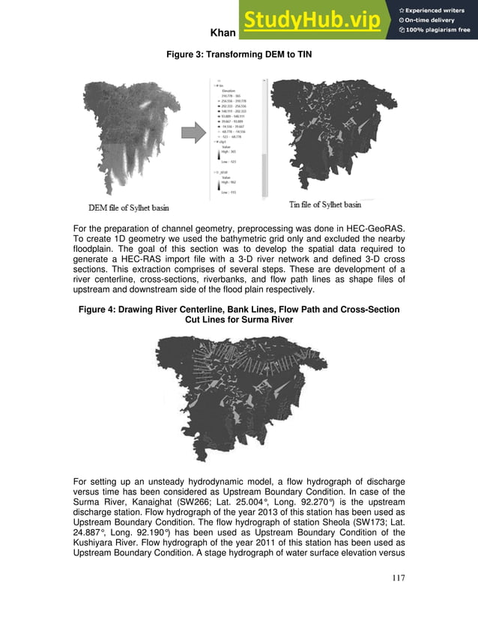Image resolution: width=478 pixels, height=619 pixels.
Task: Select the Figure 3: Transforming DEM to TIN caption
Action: click(238, 53)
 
